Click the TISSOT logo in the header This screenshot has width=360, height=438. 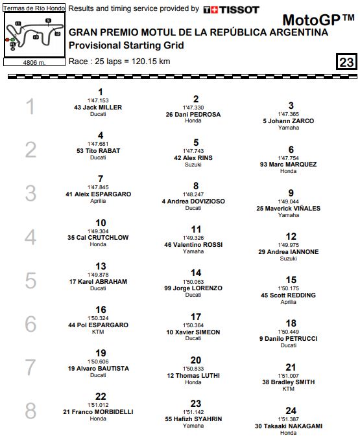click(x=231, y=10)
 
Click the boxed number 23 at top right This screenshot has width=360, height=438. click(x=346, y=63)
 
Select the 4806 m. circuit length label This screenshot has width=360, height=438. click(x=33, y=63)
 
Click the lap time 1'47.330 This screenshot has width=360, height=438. click(x=193, y=108)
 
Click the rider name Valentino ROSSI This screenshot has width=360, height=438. click(x=198, y=245)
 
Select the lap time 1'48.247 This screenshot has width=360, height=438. click(x=193, y=194)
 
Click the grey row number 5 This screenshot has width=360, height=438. click(x=30, y=281)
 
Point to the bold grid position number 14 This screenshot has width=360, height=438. click(x=195, y=273)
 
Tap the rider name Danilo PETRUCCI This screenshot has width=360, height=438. click(x=293, y=338)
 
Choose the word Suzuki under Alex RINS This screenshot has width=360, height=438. click(x=193, y=165)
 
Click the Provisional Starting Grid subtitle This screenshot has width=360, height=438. click(x=126, y=45)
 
